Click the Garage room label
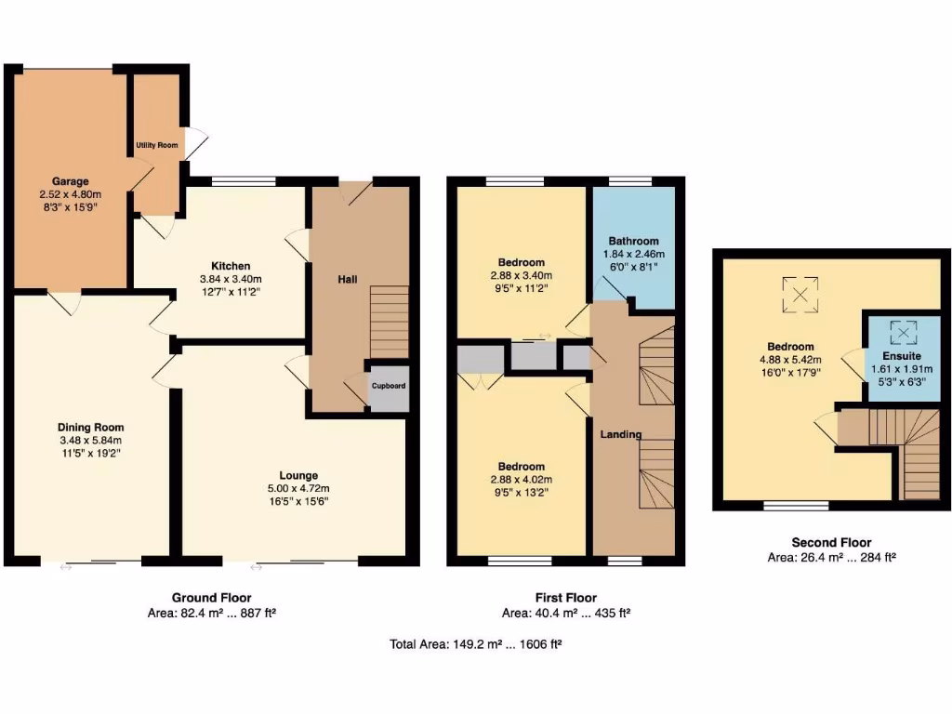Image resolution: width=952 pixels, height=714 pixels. [x=70, y=180]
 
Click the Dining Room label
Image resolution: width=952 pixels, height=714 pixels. [x=90, y=428]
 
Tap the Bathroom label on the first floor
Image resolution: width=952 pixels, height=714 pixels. [x=633, y=241]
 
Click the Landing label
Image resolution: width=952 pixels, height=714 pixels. [x=621, y=434]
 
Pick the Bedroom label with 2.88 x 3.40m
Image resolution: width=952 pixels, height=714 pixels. [x=521, y=262]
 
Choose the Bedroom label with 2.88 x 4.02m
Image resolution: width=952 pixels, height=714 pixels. [x=521, y=467]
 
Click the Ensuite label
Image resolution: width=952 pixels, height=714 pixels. [x=902, y=355]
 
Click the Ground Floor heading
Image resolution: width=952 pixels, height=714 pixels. [x=211, y=598]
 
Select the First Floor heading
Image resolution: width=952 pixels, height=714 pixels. [x=566, y=598]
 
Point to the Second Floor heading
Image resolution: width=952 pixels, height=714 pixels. [x=831, y=542]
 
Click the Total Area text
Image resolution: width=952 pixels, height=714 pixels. [x=475, y=643]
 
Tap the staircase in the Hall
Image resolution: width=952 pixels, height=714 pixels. [x=390, y=321]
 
